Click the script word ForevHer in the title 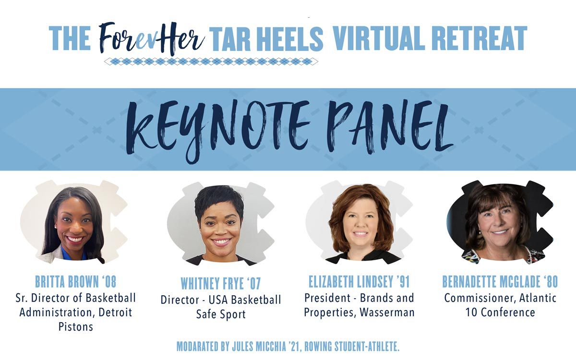(152, 38)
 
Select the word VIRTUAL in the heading (378, 38)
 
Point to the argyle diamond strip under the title (211, 62)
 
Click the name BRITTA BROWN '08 (76, 282)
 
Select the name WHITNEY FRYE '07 (221, 283)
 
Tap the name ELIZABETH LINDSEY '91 (359, 282)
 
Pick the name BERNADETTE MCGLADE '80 (500, 282)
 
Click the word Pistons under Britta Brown (76, 327)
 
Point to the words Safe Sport (221, 314)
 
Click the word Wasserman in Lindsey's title (387, 312)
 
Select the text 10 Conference (500, 312)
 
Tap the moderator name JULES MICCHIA (259, 347)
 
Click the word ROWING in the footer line (318, 347)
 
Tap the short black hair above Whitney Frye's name (219, 201)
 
